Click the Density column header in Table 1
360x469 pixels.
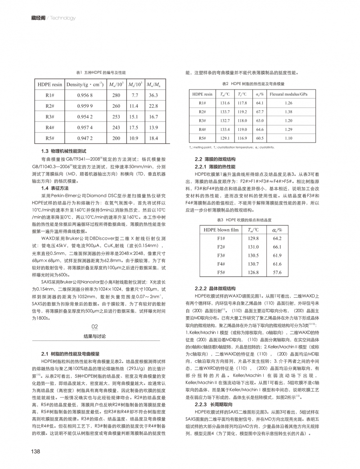pos(85,84)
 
